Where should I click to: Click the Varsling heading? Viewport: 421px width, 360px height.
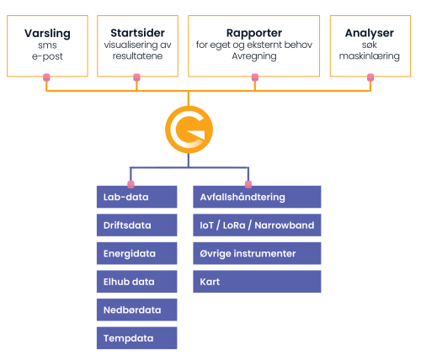coord(47,34)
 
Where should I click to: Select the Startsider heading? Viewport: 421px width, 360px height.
coord(137,33)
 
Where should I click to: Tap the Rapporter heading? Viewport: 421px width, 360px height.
coord(254,33)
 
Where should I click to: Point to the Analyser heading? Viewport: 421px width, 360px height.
coord(370,33)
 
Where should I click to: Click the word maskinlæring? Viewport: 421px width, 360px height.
coord(370,56)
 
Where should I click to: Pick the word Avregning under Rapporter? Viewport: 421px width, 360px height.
coord(254,56)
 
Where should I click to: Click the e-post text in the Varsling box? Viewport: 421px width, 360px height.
coord(47,56)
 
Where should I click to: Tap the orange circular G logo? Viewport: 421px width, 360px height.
coord(189,130)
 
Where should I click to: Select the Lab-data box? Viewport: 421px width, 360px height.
coord(137,197)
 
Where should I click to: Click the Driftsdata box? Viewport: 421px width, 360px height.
coord(137,225)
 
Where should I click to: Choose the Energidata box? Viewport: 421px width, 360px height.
coord(137,253)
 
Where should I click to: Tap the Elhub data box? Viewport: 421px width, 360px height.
coord(137,282)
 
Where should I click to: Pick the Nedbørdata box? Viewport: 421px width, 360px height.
coord(137,310)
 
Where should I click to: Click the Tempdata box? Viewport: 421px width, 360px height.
coord(137,338)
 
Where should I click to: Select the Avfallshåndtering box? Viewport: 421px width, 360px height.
coord(257,197)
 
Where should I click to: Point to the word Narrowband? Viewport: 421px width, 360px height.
coord(285,225)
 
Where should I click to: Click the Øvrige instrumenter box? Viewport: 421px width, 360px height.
coord(257,253)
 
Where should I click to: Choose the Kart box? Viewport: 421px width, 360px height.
coord(257,282)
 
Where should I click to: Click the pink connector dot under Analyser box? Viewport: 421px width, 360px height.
coord(370,77)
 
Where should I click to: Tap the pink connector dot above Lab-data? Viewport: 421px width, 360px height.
coord(131,184)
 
